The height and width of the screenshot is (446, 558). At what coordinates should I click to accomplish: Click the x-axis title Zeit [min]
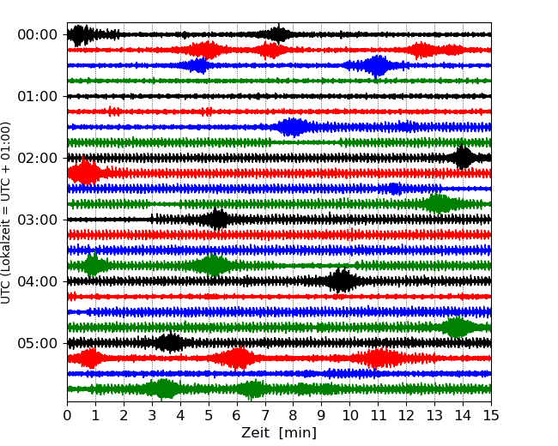tap(278, 433)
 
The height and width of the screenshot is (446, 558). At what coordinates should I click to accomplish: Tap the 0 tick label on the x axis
tap(68, 416)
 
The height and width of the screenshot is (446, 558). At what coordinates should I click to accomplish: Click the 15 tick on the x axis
tap(490, 416)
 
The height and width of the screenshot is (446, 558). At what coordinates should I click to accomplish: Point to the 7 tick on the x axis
tap(265, 416)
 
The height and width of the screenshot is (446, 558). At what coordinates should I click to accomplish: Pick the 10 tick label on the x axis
tap(349, 416)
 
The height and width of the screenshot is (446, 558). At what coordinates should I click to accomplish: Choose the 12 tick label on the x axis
tap(406, 416)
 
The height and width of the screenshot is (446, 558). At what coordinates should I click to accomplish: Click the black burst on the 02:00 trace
tap(464, 158)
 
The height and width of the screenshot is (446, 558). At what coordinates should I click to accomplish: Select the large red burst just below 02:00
tap(84, 172)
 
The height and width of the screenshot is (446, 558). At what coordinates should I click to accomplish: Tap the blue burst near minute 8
tap(293, 127)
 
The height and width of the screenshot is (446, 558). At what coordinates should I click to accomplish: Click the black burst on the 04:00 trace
tap(342, 280)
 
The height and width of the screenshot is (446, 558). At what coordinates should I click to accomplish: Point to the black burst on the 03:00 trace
tap(217, 220)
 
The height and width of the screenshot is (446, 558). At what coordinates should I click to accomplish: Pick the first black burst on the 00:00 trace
tap(80, 34)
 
